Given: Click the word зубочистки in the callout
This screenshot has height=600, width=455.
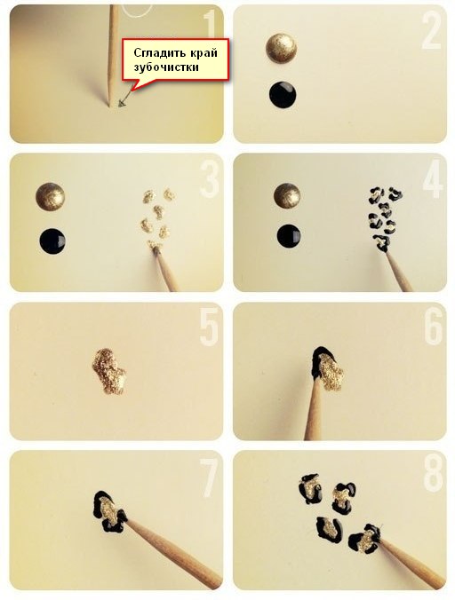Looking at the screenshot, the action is tap(166, 67).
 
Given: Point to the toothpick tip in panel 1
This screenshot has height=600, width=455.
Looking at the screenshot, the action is tap(109, 106).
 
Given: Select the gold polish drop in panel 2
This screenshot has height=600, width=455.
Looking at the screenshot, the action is tap(281, 48).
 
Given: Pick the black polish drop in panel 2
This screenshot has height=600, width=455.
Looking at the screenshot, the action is tap(283, 95).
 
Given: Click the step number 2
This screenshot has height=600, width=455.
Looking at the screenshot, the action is tap(432, 32).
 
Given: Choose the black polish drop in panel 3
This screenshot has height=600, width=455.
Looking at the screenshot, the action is tap(52, 241).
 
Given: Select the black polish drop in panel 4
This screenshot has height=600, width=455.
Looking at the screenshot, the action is tap(289, 236).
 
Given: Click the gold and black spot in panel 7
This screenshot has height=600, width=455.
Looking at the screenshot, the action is tap(109, 511).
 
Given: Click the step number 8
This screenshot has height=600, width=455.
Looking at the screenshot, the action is tap(433, 475).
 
